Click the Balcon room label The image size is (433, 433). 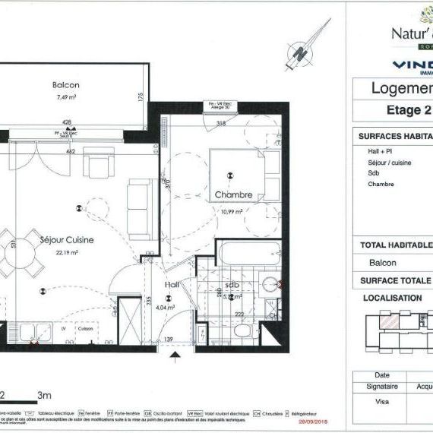[x=65, y=85]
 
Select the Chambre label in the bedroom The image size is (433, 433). [x=233, y=195]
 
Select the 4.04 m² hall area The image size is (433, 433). [x=166, y=308]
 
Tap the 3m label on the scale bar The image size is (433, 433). [x=44, y=395]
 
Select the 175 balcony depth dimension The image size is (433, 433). [x=141, y=97]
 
